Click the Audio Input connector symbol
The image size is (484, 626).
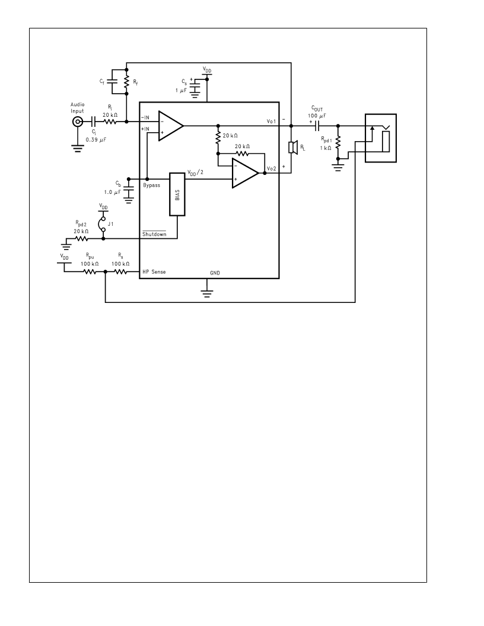[78, 122]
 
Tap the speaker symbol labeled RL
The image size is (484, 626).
[293, 148]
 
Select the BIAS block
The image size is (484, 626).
[177, 194]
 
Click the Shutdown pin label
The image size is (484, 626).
[154, 234]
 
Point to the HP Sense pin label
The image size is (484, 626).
[154, 272]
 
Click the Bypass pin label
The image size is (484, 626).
[152, 185]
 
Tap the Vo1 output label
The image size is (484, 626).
[272, 121]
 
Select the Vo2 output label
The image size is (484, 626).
[272, 169]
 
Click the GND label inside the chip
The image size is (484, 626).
[215, 273]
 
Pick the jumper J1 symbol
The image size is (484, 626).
[103, 224]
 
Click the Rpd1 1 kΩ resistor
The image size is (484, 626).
[338, 142]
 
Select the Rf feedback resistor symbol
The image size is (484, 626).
[126, 82]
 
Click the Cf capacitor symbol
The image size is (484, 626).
[113, 82]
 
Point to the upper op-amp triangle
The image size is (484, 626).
[171, 126]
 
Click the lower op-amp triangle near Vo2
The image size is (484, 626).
[245, 173]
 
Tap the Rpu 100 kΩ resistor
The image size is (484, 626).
[90, 272]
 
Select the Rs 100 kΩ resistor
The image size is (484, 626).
[120, 272]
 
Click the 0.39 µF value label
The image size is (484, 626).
[96, 140]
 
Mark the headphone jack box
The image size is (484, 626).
[381, 138]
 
